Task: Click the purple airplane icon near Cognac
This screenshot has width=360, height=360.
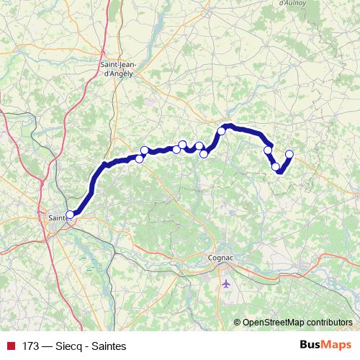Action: pyautogui.click(x=226, y=282)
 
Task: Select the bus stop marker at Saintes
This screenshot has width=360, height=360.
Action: pyautogui.click(x=71, y=214)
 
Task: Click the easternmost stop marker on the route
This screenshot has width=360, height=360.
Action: pyautogui.click(x=289, y=153)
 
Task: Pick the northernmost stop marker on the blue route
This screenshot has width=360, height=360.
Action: pyautogui.click(x=222, y=131)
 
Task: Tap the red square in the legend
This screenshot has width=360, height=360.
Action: pyautogui.click(x=11, y=346)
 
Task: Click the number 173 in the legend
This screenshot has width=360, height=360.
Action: pyautogui.click(x=31, y=346)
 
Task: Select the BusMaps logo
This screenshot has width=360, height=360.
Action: pyautogui.click(x=325, y=345)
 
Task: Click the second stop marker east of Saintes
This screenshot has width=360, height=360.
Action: pyautogui.click(x=144, y=150)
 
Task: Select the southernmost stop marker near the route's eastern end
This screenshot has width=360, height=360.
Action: pyautogui.click(x=276, y=167)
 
